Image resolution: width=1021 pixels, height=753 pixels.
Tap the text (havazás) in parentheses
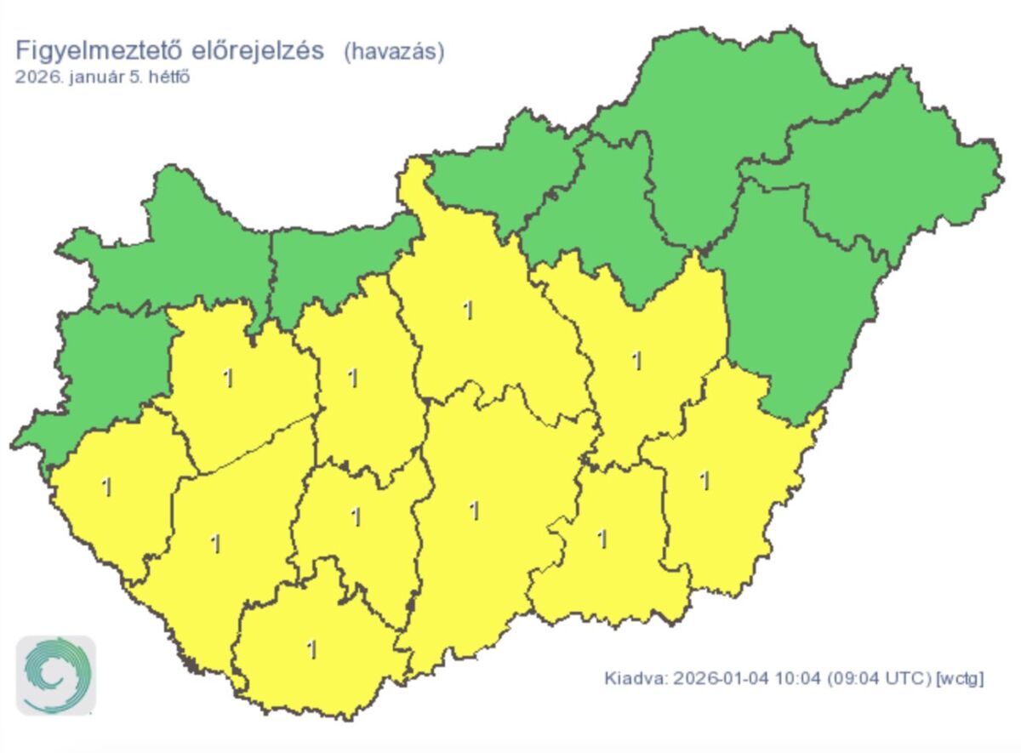coord(394,52)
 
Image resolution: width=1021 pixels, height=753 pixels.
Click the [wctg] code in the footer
coord(960,679)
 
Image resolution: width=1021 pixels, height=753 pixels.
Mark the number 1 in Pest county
coord(467,311)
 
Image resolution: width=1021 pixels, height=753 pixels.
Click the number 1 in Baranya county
coord(312,650)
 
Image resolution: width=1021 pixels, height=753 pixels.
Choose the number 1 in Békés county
coord(704,482)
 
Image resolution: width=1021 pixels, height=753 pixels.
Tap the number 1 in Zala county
coord(106,488)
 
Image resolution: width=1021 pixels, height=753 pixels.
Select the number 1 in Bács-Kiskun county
coord(475,511)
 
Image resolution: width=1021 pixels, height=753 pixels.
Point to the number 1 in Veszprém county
coord(227,379)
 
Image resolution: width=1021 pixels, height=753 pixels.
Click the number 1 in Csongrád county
coord(602,539)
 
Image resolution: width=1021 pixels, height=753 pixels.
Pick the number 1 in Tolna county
coord(356,516)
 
